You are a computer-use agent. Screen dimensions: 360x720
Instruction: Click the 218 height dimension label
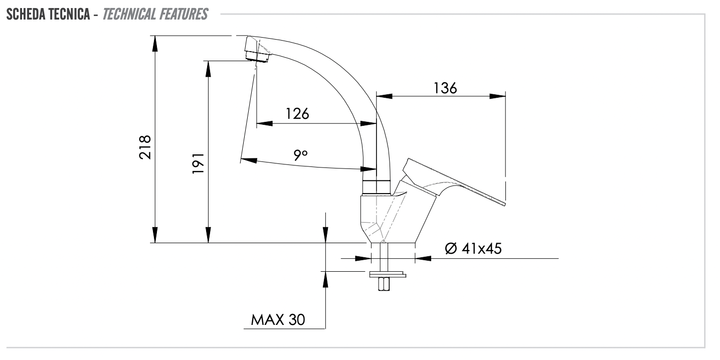tap(145, 147)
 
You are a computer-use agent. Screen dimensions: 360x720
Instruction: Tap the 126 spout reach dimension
tap(297, 113)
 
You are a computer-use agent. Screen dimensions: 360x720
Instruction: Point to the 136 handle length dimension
tap(445, 88)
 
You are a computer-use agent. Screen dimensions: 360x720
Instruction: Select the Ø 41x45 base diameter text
tap(473, 248)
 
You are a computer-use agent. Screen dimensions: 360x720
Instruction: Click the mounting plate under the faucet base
tap(387, 274)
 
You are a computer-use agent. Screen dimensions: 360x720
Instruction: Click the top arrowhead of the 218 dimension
tap(155, 43)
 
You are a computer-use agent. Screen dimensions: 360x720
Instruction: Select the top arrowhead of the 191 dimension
tap(208, 68)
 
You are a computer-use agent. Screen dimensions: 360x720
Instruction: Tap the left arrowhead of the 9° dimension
tap(249, 160)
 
